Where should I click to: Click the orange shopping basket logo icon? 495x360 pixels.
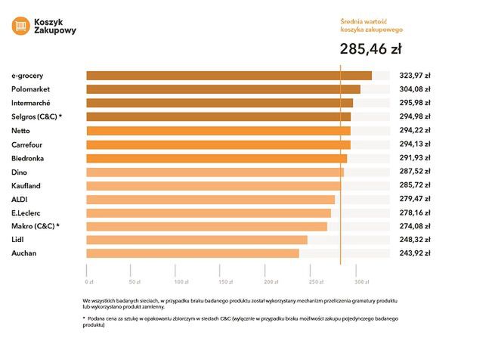20,26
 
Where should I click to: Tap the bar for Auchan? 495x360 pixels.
193,253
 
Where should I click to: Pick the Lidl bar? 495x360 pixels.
196,240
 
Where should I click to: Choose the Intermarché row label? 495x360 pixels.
33,103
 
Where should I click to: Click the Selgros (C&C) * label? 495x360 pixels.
36,116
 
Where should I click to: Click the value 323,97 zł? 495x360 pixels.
415,76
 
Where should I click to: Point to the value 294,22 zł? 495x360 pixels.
415,131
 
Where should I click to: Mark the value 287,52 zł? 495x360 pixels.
415,172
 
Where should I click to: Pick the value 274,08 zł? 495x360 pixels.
415,226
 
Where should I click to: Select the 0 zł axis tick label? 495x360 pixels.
89,281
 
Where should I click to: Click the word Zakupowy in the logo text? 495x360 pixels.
55,31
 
